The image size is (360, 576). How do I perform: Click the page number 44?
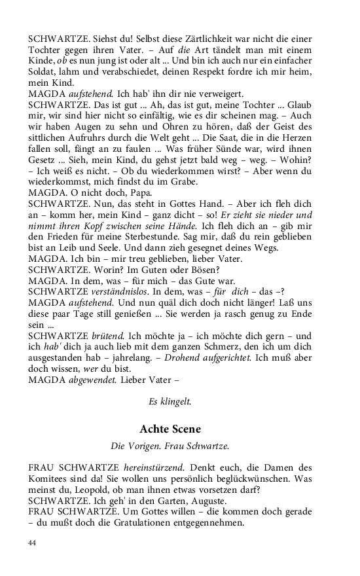pos(33,543)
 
